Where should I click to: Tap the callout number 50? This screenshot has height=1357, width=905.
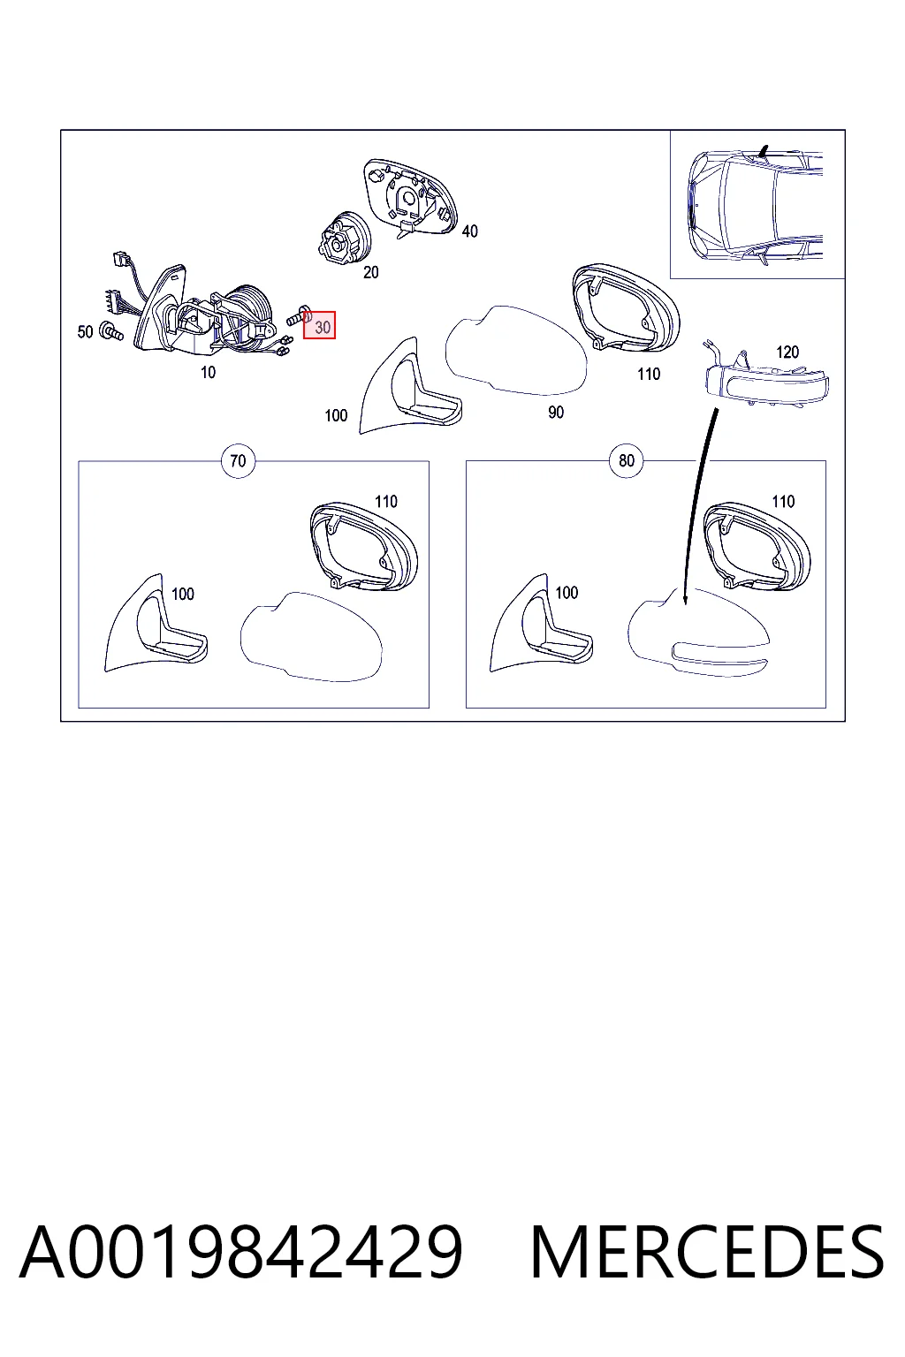click(x=85, y=332)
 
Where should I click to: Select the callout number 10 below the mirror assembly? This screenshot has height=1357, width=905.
click(x=208, y=373)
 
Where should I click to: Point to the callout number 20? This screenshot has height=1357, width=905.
click(x=370, y=273)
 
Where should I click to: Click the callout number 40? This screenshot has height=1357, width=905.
click(x=470, y=231)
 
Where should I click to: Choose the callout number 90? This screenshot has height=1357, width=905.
click(x=556, y=413)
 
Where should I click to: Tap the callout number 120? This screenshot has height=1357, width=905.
click(x=787, y=352)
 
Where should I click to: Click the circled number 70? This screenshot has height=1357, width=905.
click(x=239, y=461)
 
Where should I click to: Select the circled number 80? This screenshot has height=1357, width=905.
click(x=627, y=461)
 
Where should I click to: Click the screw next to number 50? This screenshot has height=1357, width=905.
click(x=111, y=330)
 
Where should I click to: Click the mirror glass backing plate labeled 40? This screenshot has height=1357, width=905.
click(x=410, y=197)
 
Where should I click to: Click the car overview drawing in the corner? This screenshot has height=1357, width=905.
click(x=757, y=205)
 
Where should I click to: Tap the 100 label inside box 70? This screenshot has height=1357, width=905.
click(x=182, y=595)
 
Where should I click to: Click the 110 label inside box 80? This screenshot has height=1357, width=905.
click(x=782, y=502)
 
